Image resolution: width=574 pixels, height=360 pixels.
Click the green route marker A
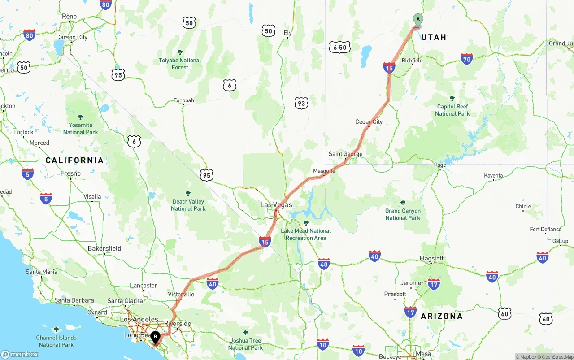tap(417, 20)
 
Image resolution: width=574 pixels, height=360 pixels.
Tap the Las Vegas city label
tap(276, 205)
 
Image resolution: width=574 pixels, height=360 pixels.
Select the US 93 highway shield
tap(301, 104)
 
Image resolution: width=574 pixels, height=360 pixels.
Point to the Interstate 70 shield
tap(467, 59)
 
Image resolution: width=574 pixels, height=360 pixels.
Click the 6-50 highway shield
tap(339, 47)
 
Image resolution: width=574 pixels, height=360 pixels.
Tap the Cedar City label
tap(369, 122)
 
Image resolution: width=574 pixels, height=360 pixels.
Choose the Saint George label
tap(345, 154)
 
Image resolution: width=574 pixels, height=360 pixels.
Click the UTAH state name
tap(434, 37)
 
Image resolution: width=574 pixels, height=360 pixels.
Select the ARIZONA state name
tap(441, 316)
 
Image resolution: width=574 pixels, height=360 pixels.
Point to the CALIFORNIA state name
tap(74, 160)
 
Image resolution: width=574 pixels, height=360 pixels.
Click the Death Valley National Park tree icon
tap(188, 193)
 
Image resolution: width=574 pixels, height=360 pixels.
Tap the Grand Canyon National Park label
tap(403, 214)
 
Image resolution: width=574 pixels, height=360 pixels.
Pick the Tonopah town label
tap(184, 100)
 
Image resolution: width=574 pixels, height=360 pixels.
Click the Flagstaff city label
tap(431, 258)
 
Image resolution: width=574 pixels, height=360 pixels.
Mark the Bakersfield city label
tap(104, 248)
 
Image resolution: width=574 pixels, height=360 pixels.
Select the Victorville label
tap(181, 295)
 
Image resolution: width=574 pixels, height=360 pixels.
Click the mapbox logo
tap(19, 354)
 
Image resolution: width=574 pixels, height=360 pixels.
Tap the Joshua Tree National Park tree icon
tap(245, 333)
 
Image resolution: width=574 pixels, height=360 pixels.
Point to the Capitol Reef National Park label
tap(452, 110)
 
